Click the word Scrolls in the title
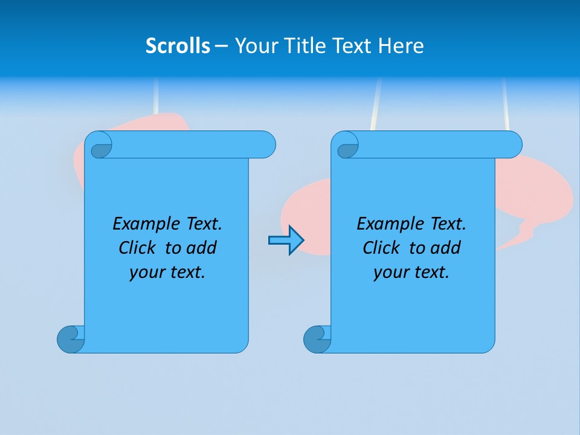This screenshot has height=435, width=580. point(178,46)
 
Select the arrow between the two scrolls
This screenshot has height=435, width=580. point(286,240)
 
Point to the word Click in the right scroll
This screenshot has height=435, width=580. point(381,248)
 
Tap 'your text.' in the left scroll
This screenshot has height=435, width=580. point(167,272)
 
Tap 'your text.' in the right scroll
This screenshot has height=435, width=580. point(411,272)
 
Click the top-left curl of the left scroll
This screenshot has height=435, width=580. point(100,147)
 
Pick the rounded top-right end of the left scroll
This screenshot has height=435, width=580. point(266,144)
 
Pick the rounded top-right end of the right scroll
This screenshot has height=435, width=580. point(512,144)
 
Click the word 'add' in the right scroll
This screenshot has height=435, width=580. point(446,248)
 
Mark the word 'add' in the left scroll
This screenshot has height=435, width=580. point(202,248)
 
